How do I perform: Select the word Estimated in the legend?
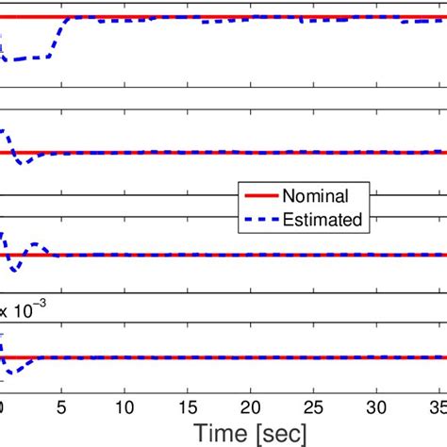(326, 219)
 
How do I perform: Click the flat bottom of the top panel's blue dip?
(28, 59)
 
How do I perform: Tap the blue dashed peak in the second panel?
(4, 132)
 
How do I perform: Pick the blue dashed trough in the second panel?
(19, 161)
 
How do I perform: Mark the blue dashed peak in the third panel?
(4, 236)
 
